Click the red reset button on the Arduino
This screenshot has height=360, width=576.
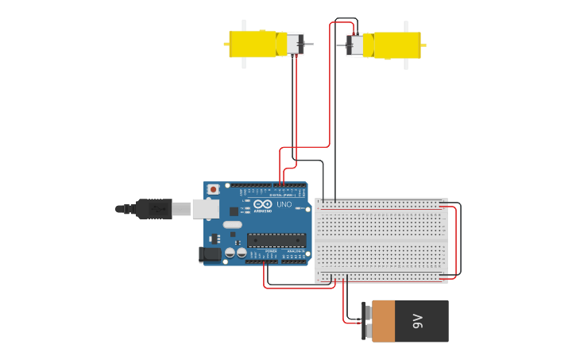[x=213, y=189]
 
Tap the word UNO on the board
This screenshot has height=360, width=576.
[x=284, y=204]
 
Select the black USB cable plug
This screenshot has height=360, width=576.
[x=153, y=209]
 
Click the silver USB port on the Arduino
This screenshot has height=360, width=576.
[x=205, y=208]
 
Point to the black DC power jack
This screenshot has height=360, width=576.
[x=210, y=254]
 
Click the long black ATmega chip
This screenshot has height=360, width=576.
[x=276, y=240]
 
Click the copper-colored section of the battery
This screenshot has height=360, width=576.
[x=384, y=321]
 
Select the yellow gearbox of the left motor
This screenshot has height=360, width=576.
[x=253, y=44]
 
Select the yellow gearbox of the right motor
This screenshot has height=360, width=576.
[x=397, y=45]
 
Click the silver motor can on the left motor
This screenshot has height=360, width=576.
[x=294, y=44]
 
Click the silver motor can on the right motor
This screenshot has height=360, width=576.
[x=356, y=45]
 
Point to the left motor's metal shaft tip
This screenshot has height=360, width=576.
[x=310, y=44]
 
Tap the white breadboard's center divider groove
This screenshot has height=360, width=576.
[x=381, y=240]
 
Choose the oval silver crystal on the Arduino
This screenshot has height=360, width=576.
[x=232, y=225]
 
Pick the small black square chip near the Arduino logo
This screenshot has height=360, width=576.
[x=234, y=211]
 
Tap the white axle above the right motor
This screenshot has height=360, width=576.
[x=406, y=26]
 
